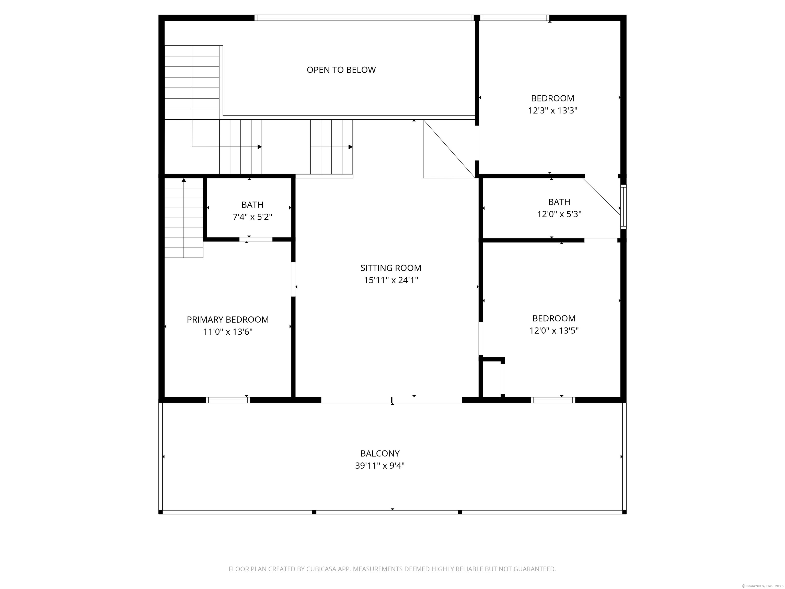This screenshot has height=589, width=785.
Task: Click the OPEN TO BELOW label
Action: pyautogui.click(x=341, y=70)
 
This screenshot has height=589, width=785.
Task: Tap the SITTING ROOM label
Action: pyautogui.click(x=391, y=268)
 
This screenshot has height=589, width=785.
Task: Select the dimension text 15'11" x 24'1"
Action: pyautogui.click(x=391, y=280)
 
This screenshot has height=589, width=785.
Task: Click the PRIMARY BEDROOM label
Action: pyautogui.click(x=227, y=320)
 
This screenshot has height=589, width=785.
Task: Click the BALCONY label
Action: pyautogui.click(x=380, y=453)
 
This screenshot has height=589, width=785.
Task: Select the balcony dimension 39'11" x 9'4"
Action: pyautogui.click(x=380, y=466)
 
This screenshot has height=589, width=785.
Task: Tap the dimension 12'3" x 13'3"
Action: pyautogui.click(x=552, y=111)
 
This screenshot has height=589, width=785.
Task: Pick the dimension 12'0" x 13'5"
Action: pyautogui.click(x=554, y=331)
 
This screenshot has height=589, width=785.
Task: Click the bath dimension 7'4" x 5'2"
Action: pyautogui.click(x=252, y=217)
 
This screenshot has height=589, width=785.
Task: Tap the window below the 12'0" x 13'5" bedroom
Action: pyautogui.click(x=553, y=400)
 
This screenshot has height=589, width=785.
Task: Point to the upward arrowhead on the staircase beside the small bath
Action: pyautogui.click(x=184, y=180)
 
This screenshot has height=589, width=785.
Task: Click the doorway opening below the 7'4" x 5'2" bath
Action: pyautogui.click(x=256, y=240)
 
